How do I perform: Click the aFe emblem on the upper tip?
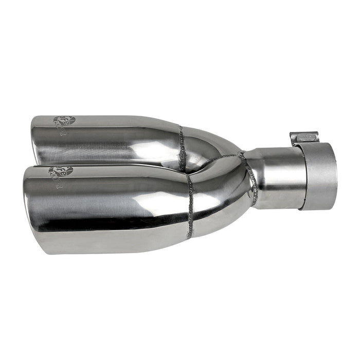click(66, 121)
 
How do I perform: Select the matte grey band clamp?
click(319, 175)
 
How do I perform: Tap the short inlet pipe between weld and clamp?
click(278, 177)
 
